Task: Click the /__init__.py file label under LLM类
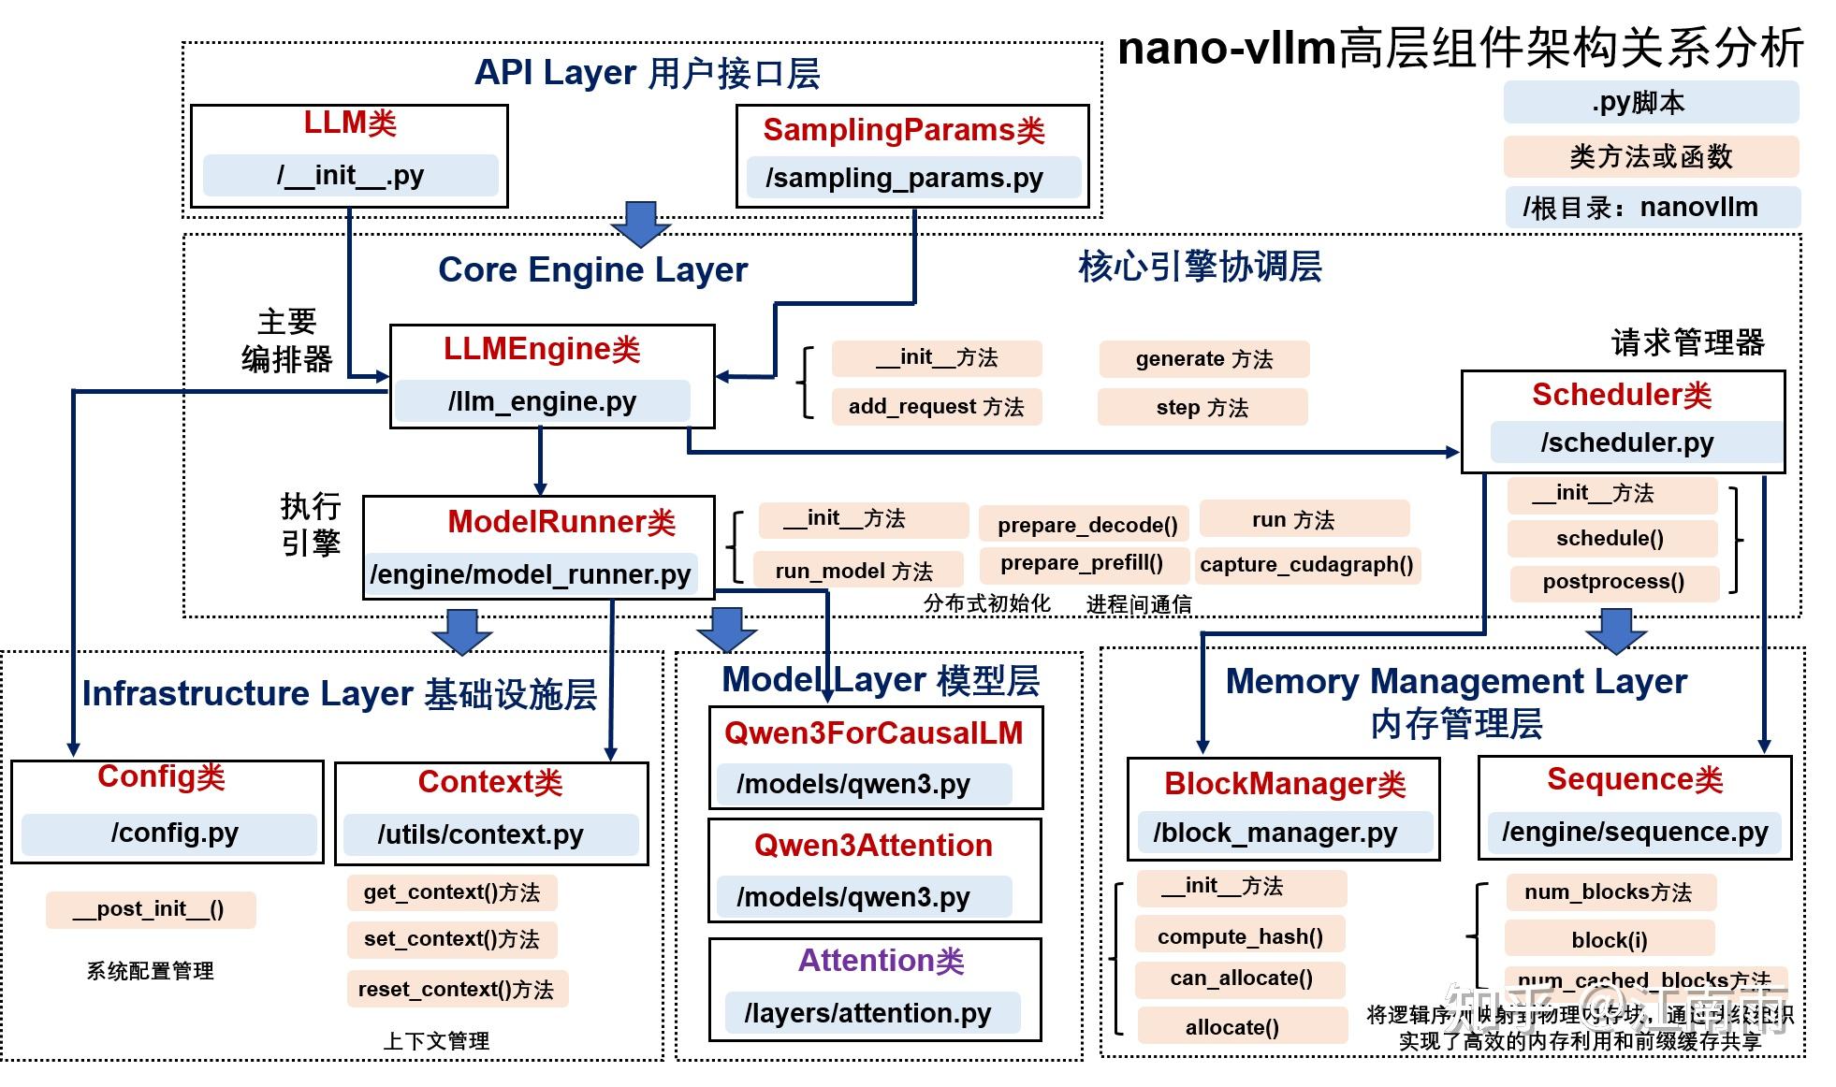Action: (x=350, y=175)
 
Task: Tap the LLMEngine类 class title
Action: (x=542, y=349)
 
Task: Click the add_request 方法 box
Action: (x=936, y=407)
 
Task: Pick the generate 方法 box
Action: (x=1203, y=359)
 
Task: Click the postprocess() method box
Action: (x=1613, y=582)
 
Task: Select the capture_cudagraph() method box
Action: (x=1306, y=565)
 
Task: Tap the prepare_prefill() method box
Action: (x=1082, y=563)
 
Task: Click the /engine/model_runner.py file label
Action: (x=531, y=573)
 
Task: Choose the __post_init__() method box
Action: (x=150, y=909)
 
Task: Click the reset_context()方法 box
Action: (x=456, y=990)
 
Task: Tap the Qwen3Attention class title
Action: (x=873, y=846)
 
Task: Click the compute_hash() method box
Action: (x=1240, y=936)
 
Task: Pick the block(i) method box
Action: (x=1610, y=940)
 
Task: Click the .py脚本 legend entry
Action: (x=1650, y=102)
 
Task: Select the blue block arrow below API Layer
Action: (x=641, y=223)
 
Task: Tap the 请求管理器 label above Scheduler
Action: (x=1687, y=342)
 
